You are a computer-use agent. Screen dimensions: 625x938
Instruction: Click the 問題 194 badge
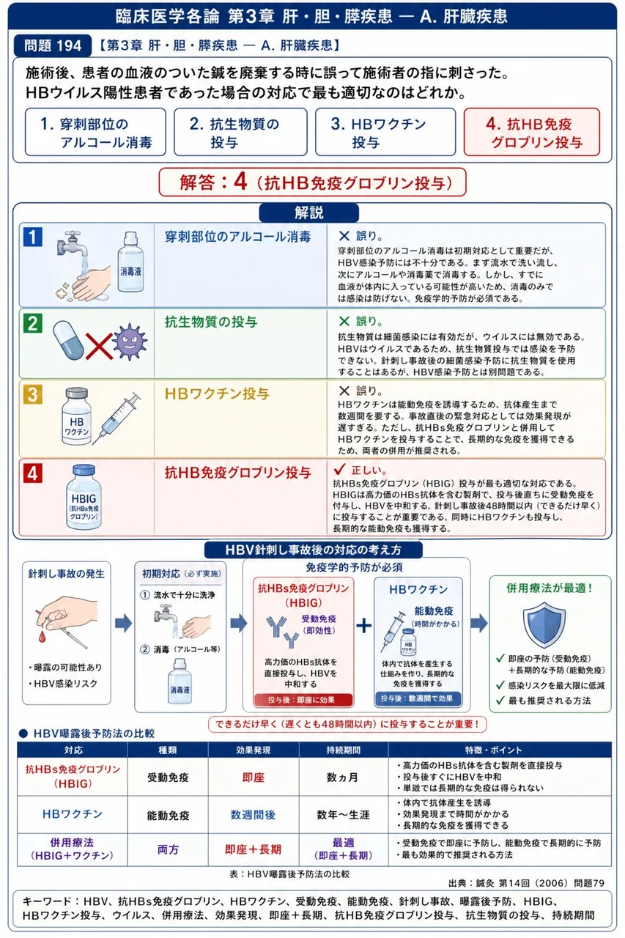coord(52,45)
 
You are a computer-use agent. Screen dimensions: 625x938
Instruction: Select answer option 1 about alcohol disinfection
coord(95,132)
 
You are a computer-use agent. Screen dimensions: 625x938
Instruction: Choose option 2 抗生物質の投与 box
coord(240,132)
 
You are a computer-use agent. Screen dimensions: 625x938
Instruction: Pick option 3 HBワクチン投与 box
coord(385,132)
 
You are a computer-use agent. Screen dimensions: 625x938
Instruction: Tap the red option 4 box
coord(532,132)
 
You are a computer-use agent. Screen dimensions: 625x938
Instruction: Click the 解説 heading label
coord(309,213)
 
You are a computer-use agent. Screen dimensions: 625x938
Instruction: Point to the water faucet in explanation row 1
coord(73,245)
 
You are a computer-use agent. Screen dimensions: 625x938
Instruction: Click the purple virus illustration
coord(130,341)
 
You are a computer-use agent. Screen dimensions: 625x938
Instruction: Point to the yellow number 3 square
coord(33,394)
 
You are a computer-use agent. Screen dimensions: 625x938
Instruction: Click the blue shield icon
coord(544,625)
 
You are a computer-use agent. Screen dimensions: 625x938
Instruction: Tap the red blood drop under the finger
coord(42,637)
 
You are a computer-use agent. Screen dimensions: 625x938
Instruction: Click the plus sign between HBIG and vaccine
coord(363,626)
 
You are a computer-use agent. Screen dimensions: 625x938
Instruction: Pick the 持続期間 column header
coord(343,750)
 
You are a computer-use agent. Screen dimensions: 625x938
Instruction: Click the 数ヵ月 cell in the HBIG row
coord(342,778)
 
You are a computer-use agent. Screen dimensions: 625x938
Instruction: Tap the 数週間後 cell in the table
coord(253,815)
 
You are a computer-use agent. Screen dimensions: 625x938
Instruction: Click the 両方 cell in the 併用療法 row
coord(168,849)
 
